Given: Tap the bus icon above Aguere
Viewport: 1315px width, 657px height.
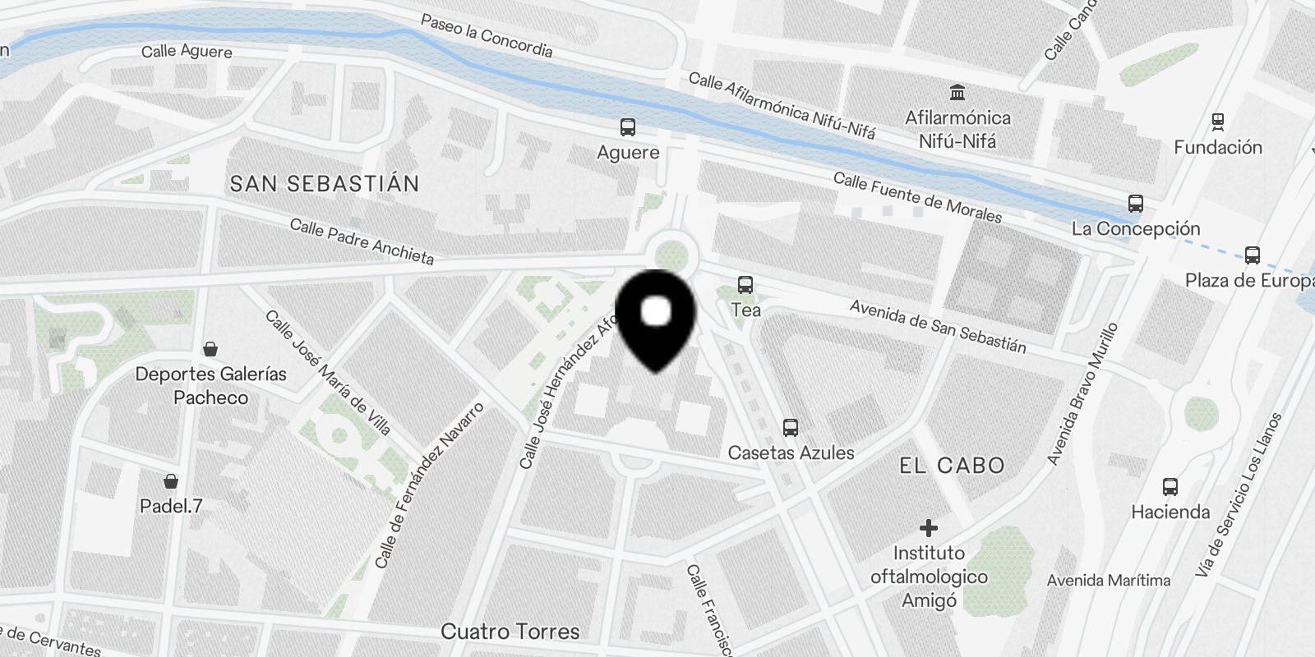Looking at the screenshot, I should coord(628,127).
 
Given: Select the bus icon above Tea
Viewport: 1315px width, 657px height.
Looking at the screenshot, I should coord(745,285).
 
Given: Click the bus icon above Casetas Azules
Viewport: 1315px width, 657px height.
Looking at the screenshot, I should coord(791,427).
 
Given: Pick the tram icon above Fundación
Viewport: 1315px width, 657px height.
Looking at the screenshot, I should coord(1218,122).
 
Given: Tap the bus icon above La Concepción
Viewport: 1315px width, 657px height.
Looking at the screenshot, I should coord(1136,204).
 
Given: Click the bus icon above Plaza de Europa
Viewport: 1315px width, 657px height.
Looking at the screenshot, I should coord(1253,255).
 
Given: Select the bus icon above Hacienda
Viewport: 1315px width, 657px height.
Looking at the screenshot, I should coord(1170,487).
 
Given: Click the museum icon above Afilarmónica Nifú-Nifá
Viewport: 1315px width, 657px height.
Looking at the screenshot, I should coord(957,92).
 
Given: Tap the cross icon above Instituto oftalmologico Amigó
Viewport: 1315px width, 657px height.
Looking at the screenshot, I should coord(929,527).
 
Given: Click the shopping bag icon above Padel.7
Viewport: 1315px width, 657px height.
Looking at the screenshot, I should coord(171,481).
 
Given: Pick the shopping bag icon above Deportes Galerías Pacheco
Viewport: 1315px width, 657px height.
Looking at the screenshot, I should coord(210,349).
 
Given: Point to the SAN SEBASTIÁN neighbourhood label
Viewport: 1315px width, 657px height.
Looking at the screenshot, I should coord(325,183).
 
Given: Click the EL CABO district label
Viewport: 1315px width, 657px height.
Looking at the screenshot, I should coord(952,466).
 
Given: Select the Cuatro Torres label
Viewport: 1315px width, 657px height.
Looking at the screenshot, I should coord(510,632).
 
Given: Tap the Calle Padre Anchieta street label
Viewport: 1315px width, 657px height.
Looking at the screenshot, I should coord(362,241).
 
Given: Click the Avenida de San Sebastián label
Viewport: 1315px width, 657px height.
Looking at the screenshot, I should coord(938,326).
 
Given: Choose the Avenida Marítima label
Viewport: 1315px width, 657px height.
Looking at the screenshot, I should coord(1108,581).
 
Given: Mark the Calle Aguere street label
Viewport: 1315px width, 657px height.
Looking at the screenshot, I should coord(187,51).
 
